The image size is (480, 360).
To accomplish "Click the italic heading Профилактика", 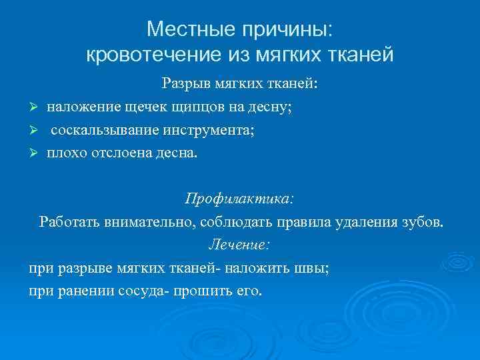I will (239, 199).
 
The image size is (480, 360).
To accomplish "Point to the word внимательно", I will (147, 222).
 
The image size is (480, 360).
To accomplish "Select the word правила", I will (299, 222).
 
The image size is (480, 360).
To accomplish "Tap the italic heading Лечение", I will (239, 245).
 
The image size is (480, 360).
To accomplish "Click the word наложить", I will (257, 269).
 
